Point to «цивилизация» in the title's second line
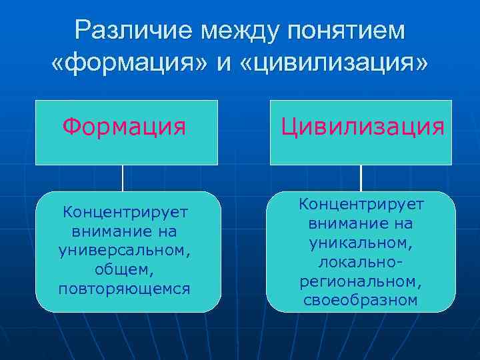(334, 64)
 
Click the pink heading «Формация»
(125, 126)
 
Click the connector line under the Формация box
(123, 178)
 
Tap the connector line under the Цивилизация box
(361, 178)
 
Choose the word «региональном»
(361, 282)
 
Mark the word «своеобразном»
(361, 301)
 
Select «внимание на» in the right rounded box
(361, 222)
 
